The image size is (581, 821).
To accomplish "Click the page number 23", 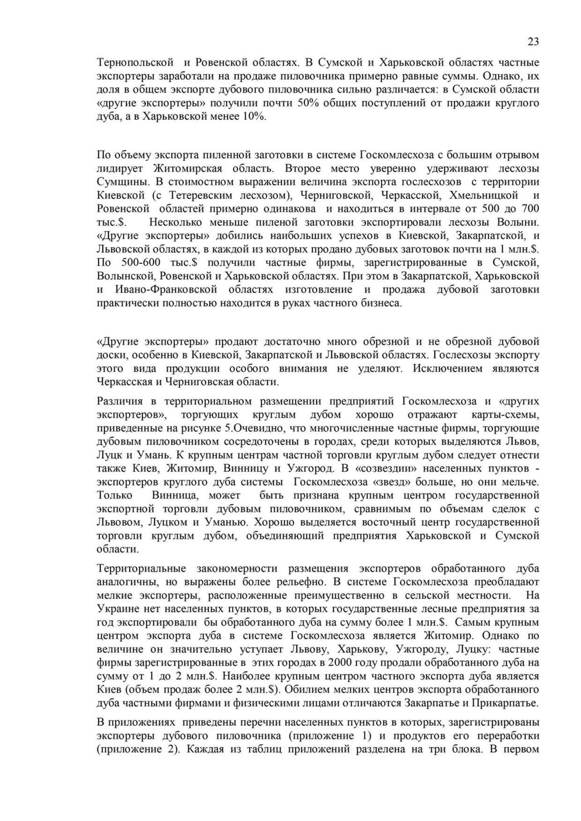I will [x=533, y=42].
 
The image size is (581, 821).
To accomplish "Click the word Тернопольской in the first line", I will [x=135, y=62].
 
